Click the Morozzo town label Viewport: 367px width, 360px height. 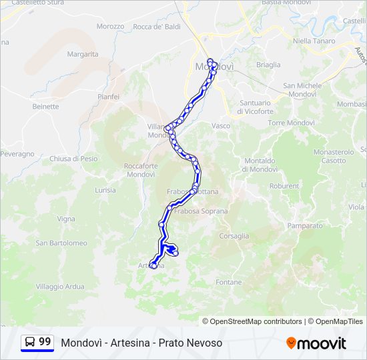click(110, 27)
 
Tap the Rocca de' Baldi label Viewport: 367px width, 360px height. click(157, 27)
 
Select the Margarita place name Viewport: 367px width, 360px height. click(83, 54)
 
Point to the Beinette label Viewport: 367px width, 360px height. click(45, 106)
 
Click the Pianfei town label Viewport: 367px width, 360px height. click(108, 97)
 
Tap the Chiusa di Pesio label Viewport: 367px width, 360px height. click(73, 159)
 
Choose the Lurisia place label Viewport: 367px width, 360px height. click(105, 190)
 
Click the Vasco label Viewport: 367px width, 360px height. click(221, 125)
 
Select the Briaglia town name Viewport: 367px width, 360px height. click(268, 65)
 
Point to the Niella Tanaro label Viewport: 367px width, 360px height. click(312, 41)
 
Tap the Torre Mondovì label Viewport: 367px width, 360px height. click(291, 123)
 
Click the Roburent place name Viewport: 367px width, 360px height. click(284, 186)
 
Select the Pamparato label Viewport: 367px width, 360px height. click(304, 226)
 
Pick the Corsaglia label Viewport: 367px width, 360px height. click(234, 236)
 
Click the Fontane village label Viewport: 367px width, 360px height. click(229, 282)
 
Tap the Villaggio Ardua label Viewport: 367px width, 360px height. click(60, 287)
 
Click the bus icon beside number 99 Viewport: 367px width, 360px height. click(30, 342)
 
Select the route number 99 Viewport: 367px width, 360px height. click(45, 342)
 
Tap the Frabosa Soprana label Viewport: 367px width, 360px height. click(201, 211)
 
